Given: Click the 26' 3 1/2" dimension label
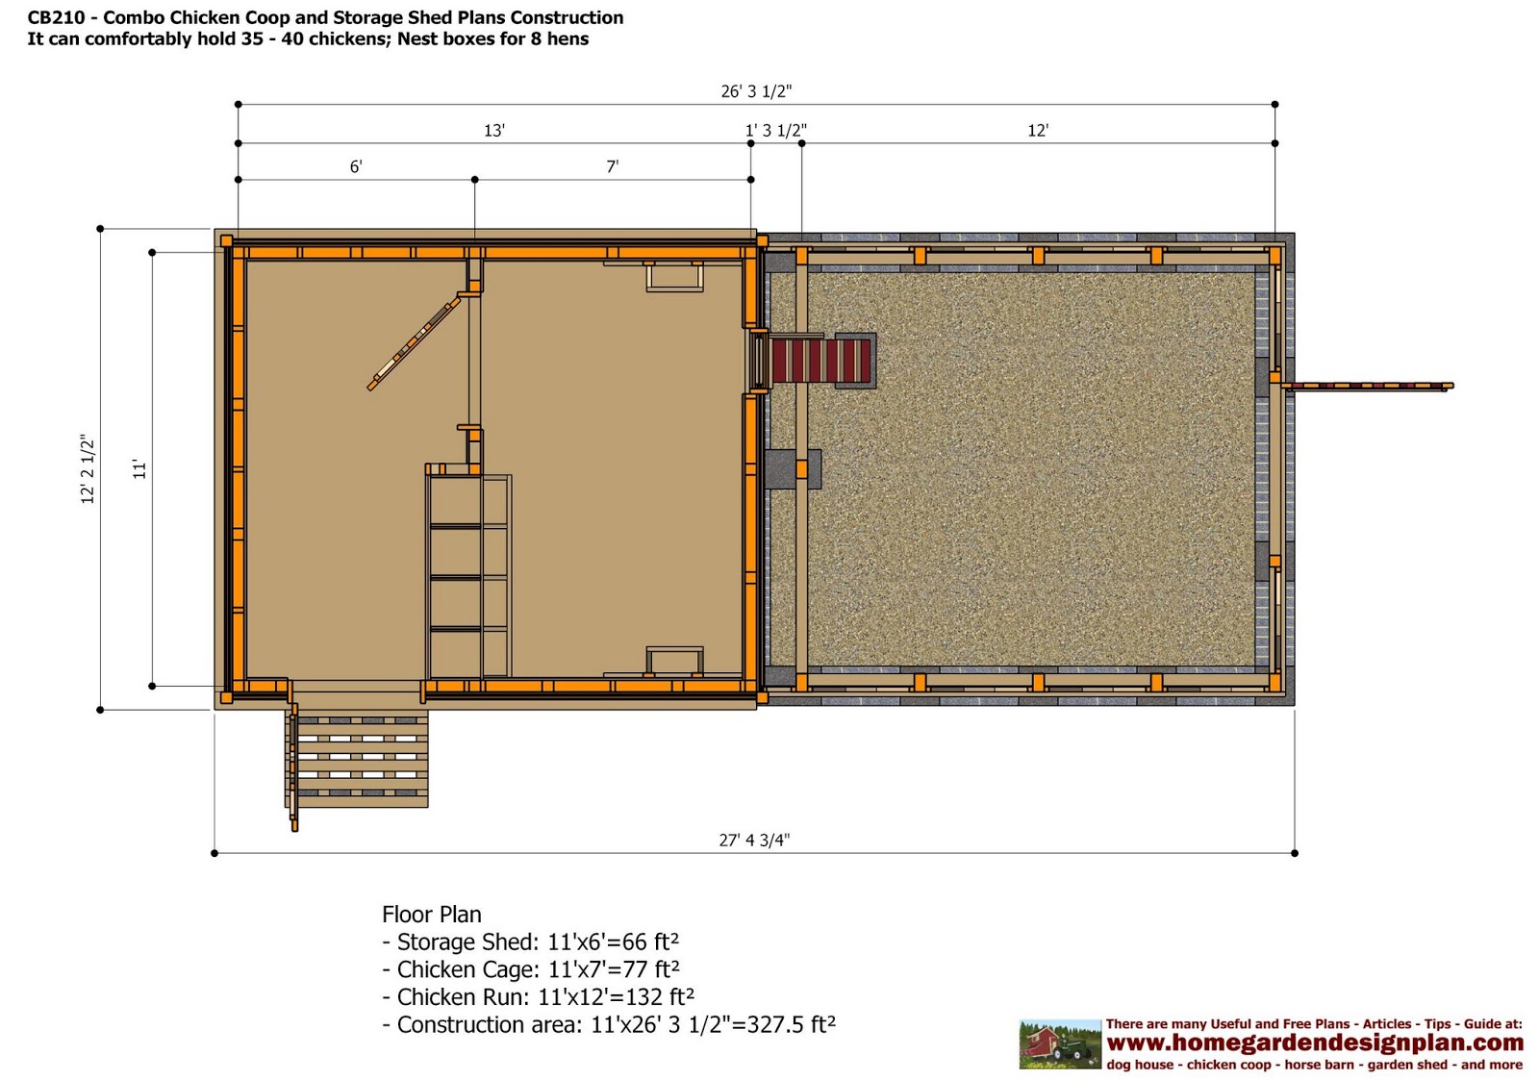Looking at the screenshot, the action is (756, 90).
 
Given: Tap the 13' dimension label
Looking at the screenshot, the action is (494, 130).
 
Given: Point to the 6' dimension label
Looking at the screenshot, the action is (356, 166).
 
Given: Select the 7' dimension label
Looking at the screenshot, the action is (612, 166).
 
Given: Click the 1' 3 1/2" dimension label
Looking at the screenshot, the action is (775, 130).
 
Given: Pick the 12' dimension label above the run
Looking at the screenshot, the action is (1038, 130).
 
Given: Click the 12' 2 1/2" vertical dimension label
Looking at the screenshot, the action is (88, 469).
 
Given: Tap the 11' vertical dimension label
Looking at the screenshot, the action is (139, 469).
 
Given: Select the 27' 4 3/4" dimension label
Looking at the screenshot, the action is (754, 840).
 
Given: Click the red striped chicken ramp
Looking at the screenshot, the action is (820, 360).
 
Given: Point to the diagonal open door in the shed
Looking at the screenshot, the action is (415, 342).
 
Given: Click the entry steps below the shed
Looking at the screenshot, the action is (357, 759).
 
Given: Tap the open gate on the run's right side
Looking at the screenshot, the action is (1367, 386).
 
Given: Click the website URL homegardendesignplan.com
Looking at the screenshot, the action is (1315, 1042).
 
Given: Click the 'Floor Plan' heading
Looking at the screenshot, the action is (432, 915).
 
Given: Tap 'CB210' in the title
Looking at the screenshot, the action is (55, 18).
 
